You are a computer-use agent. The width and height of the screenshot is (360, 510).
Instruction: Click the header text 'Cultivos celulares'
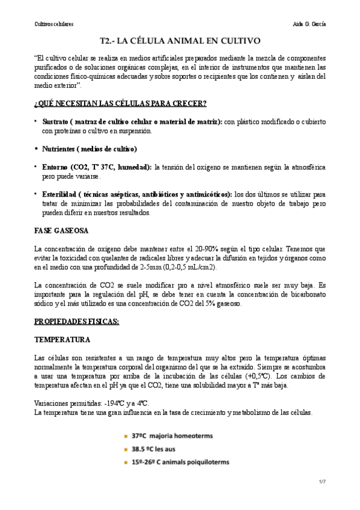[x=53, y=23]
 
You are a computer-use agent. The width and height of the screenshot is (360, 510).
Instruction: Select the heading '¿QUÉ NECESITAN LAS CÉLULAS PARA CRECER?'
[x=120, y=103]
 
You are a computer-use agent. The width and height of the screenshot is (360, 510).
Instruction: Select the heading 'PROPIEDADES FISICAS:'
[x=77, y=322]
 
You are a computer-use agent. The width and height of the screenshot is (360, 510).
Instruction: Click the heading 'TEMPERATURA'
[x=63, y=340]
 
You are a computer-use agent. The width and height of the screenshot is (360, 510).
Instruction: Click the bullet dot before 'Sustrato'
[x=36, y=121]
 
